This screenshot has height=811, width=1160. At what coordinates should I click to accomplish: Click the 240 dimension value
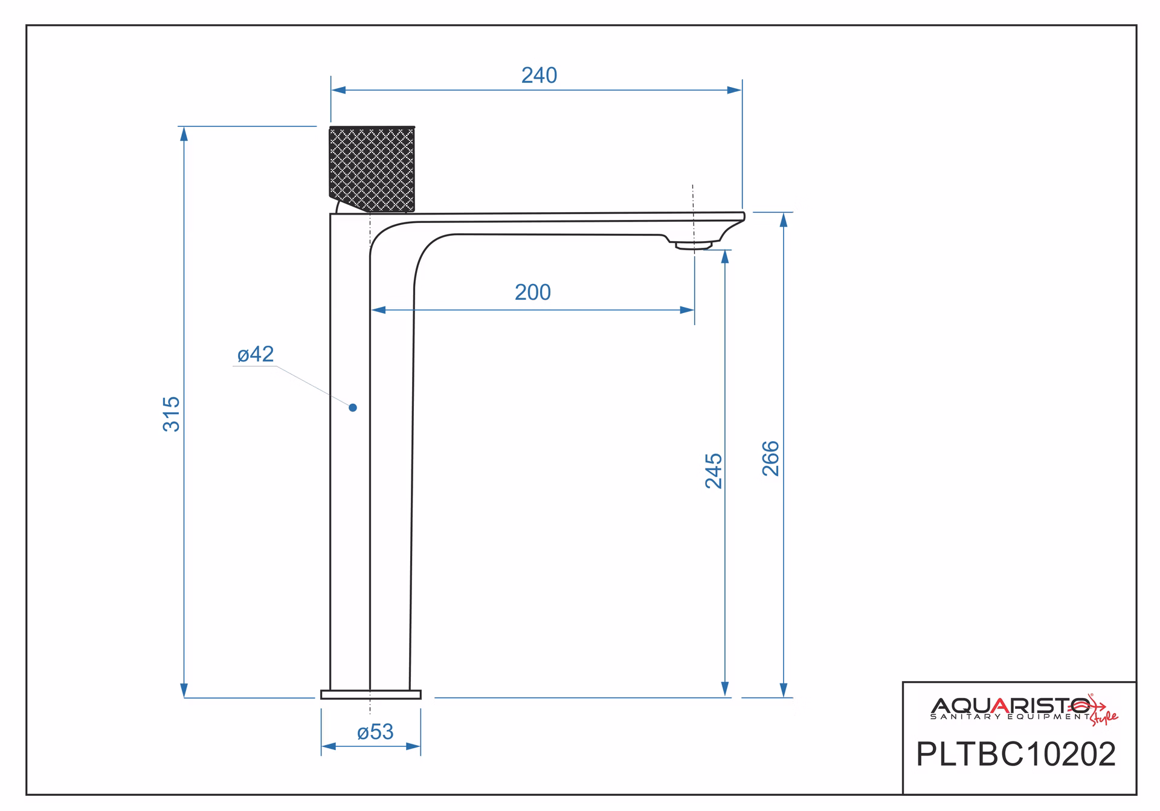[539, 76]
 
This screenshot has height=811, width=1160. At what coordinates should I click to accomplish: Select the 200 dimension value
[533, 292]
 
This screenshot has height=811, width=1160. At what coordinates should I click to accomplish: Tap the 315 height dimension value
[172, 414]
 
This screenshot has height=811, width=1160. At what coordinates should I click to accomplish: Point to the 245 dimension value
[714, 471]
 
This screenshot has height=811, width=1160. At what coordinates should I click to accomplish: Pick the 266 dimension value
[771, 459]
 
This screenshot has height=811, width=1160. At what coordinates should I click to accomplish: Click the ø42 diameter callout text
[256, 354]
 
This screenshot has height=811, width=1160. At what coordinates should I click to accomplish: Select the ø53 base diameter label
[375, 732]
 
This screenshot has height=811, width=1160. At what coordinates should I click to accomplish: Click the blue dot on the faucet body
[353, 408]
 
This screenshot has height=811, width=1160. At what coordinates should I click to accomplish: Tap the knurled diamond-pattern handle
[372, 169]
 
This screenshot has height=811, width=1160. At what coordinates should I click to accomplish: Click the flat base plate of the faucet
[370, 694]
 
